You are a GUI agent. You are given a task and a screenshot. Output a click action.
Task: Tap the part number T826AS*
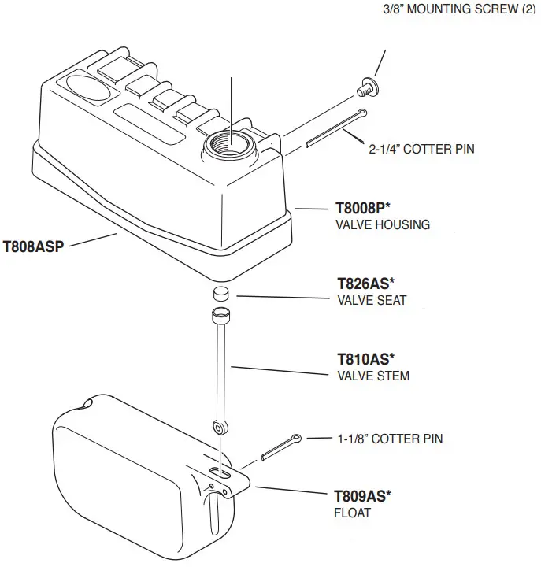(x=365, y=284)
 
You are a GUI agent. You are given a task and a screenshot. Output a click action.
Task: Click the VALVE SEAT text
(x=372, y=300)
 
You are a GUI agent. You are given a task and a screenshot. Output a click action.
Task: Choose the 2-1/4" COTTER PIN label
(x=421, y=148)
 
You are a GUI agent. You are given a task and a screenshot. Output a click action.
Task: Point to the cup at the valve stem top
(x=220, y=317)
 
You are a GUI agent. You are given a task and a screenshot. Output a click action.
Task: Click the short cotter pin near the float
(x=280, y=448)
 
